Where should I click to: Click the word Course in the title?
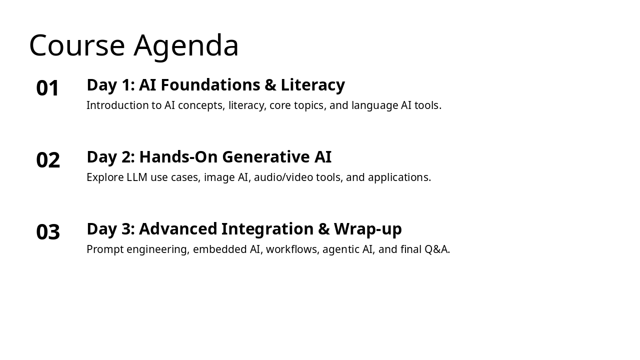(77, 45)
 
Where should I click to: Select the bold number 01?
(48, 88)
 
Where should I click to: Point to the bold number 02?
(48, 160)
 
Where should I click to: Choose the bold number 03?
(48, 232)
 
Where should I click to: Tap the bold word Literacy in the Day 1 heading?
(312, 85)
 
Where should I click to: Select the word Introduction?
(117, 105)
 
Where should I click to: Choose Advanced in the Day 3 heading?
(178, 229)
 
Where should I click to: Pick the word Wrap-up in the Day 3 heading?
(367, 229)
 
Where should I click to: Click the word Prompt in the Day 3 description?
(104, 249)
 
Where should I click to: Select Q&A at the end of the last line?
(436, 249)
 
